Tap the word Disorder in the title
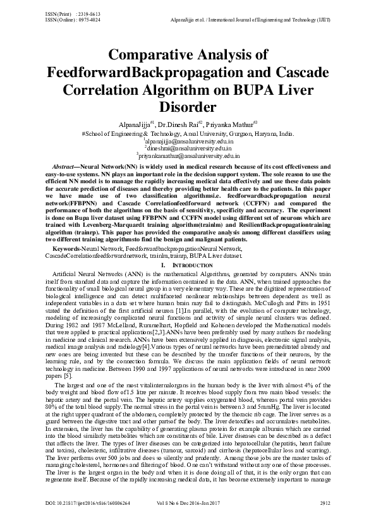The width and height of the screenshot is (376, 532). tap(188, 107)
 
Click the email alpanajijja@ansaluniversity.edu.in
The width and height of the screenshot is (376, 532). tap(188, 143)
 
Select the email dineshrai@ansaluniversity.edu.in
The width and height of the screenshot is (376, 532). tap(188, 149)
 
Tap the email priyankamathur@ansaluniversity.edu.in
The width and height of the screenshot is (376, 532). tap(188, 155)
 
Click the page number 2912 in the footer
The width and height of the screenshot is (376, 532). tap(325, 521)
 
